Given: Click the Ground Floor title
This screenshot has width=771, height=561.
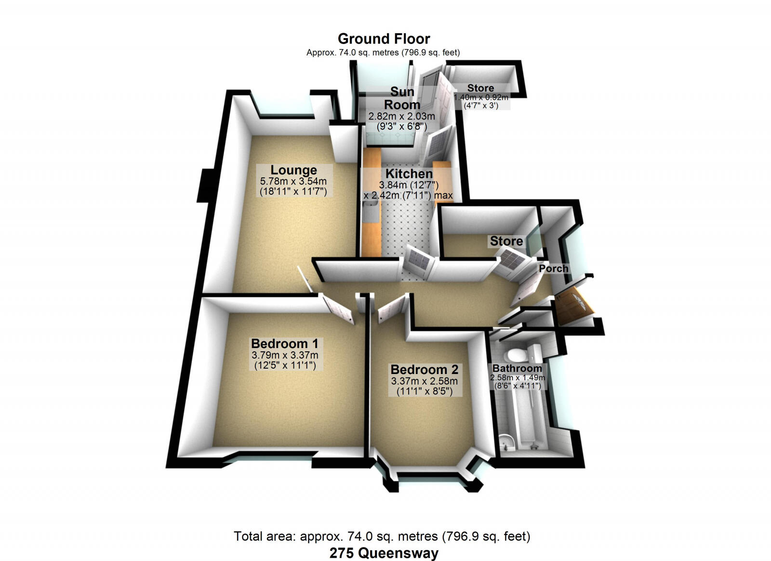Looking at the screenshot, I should coord(384,39).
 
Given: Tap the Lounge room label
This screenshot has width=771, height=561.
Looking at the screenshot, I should coord(293,170).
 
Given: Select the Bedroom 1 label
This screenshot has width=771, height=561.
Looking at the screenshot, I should coord(284,344).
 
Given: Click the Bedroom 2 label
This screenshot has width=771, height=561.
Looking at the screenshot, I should coord(424,370).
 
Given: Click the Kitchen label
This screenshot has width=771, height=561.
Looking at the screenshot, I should coord(409,174).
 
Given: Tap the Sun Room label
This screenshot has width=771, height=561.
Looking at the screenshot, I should coord(402,98).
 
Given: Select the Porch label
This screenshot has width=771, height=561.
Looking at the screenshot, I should coord(553,268).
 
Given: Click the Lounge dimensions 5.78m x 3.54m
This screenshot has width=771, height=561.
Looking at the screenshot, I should coord(293,182).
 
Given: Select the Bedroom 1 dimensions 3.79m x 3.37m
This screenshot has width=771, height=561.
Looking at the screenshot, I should coord(285,355).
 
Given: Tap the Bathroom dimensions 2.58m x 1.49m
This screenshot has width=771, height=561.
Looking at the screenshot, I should coord(518,378).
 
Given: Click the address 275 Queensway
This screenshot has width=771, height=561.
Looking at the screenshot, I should coord(384,553).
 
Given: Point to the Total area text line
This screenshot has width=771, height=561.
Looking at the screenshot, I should coord(382,536).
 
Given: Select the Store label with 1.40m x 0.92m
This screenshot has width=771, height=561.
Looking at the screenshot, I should coord(480,88).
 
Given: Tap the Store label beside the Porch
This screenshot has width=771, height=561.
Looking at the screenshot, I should coord(506,241).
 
